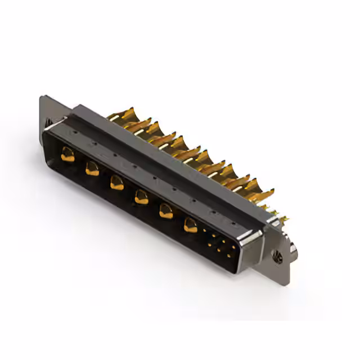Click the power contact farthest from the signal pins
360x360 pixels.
click(68, 154)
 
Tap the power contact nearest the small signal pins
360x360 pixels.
click(190, 226)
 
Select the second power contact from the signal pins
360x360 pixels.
click(165, 211)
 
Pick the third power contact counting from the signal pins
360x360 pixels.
click(141, 196)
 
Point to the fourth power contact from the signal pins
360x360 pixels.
click(117, 182)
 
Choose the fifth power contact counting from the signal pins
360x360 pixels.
click(92, 167)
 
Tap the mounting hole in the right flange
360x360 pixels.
click(277, 258)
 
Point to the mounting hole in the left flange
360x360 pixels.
click(47, 120)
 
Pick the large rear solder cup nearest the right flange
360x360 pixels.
click(260, 194)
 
